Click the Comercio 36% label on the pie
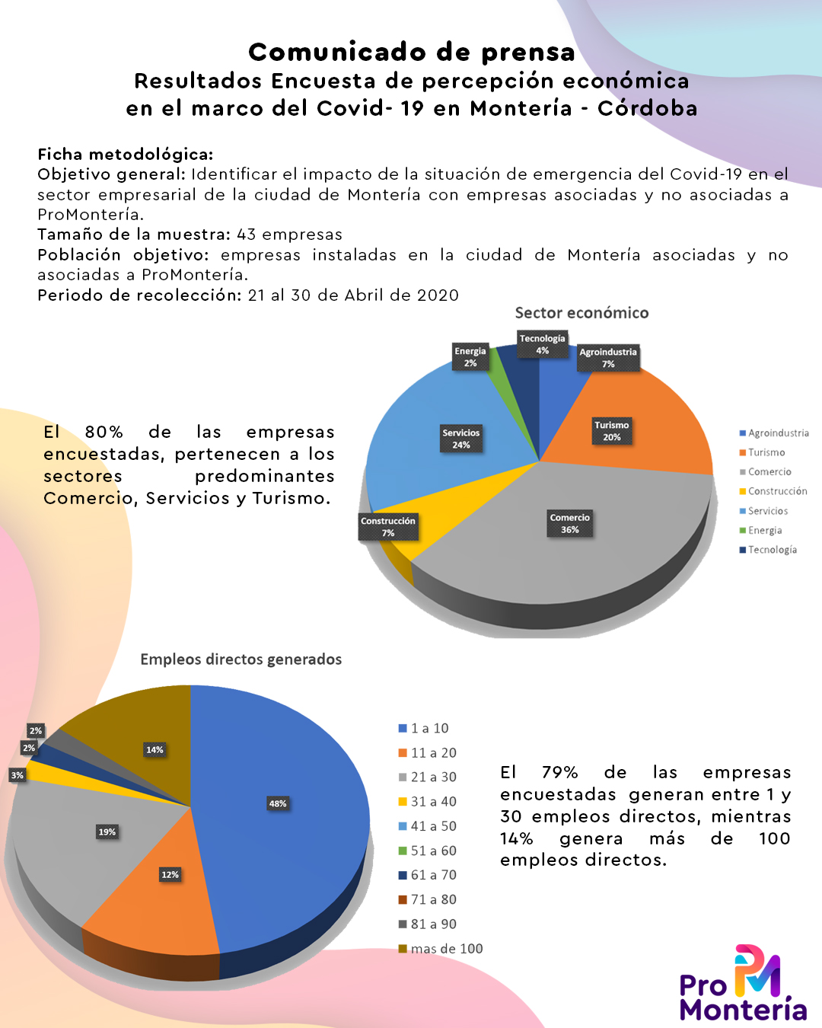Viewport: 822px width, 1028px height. point(570,524)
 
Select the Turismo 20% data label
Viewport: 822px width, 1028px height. point(612,431)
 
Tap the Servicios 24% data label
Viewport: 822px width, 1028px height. point(461,439)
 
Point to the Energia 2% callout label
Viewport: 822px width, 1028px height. point(470,357)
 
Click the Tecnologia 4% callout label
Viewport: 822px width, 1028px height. point(543,344)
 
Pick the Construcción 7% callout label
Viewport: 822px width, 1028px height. point(388,527)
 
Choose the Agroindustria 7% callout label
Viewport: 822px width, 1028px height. point(608,358)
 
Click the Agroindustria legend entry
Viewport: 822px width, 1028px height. point(774,433)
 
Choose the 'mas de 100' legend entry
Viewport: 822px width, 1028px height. point(441,949)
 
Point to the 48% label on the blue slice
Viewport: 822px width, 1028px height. point(278,803)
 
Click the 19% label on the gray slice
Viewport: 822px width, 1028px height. point(107,832)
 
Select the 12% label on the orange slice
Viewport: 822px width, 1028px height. point(170,875)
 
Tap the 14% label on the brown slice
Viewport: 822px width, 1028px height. point(155,750)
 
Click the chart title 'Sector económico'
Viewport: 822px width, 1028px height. point(581,313)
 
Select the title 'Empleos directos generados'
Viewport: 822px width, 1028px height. point(241,659)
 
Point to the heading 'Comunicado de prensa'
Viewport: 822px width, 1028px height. point(412,52)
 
